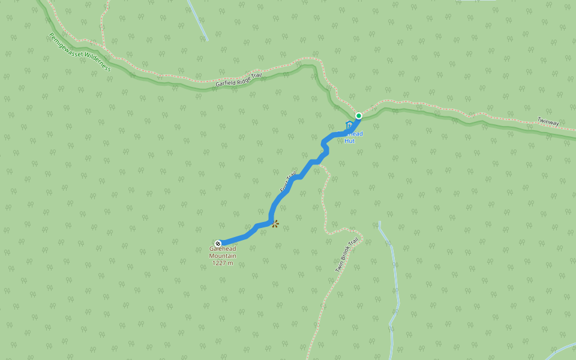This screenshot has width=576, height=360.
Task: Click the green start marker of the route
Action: [358, 116]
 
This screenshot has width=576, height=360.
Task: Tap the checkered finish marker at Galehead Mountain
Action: [218, 243]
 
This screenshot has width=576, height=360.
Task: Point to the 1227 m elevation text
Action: [223, 263]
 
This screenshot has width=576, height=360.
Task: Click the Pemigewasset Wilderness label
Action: [80, 52]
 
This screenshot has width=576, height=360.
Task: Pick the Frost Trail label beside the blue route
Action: [288, 182]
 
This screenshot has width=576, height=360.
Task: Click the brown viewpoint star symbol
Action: [275, 224]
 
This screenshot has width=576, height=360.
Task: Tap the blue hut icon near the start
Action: [349, 125]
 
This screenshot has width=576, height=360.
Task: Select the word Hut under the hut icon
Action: [349, 141]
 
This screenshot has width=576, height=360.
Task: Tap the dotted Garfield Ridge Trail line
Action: [180, 77]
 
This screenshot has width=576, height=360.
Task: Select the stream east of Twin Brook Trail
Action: [395, 282]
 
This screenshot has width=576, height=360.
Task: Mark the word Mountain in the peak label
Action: [223, 256]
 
